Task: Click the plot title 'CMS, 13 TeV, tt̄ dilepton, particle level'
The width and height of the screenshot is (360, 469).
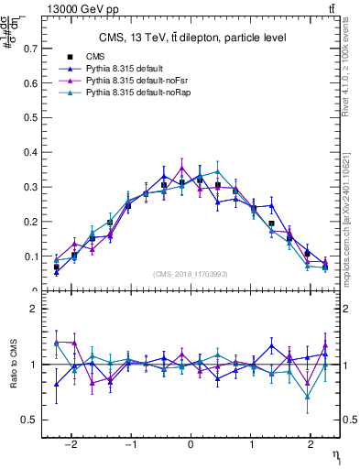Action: click(x=192, y=38)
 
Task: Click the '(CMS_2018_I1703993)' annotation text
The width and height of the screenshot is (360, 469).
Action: click(x=191, y=273)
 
